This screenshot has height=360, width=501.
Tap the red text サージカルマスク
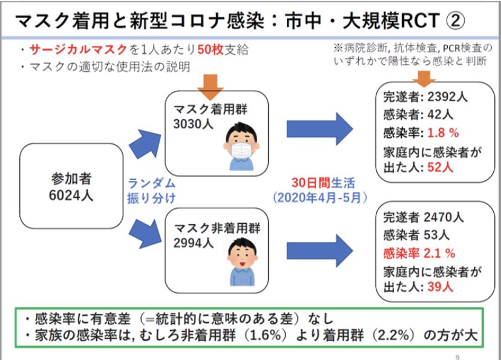[x=78, y=50]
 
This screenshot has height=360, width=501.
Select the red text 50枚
[x=211, y=50]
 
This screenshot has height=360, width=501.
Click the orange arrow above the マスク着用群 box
[x=210, y=87]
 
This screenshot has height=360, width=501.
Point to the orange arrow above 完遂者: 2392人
[x=424, y=79]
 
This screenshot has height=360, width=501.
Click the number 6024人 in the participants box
[x=71, y=195]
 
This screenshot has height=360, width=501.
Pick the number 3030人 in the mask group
[x=193, y=124]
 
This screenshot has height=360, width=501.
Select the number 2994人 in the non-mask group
[x=193, y=243]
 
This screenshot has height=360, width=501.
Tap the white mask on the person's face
[x=241, y=150]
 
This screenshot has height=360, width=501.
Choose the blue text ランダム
[x=152, y=184]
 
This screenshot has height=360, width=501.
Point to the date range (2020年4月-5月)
[x=320, y=198]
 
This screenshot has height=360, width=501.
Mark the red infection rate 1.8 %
[x=443, y=133]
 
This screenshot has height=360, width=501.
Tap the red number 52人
[x=440, y=167]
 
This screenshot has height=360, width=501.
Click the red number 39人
[x=440, y=287]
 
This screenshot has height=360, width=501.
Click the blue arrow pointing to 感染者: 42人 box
[x=319, y=129]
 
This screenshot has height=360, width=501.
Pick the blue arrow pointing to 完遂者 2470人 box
[x=319, y=250]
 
